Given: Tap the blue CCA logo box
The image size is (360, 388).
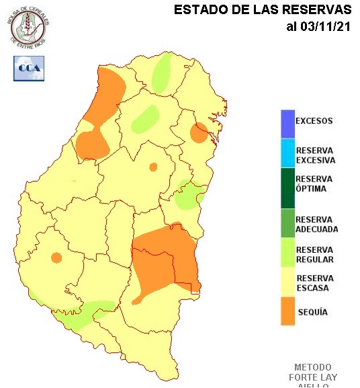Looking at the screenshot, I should [28, 69].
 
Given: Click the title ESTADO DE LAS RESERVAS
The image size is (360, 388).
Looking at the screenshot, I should [263, 10].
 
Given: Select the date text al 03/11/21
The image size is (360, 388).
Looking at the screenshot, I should [318, 27].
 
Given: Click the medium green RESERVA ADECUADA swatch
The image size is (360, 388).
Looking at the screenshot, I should [287, 223].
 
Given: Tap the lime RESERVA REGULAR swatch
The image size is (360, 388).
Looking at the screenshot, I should [287, 254].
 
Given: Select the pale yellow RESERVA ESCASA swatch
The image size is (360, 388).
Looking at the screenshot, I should [287, 282].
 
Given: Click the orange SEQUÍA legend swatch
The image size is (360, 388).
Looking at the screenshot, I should [287, 311].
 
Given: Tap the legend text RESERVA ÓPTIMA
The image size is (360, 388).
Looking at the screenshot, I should [314, 184].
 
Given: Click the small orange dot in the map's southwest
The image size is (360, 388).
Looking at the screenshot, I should [56, 257].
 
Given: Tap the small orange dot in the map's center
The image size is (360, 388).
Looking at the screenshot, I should [153, 167].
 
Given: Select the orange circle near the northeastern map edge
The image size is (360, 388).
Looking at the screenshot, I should [198, 133].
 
